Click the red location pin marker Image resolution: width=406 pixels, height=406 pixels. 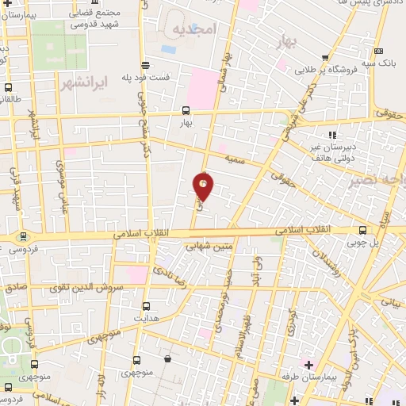click(x=204, y=186)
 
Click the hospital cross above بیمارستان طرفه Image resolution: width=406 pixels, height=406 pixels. click(x=308, y=365)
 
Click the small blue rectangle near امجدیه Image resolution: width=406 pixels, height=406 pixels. click(x=169, y=48)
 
